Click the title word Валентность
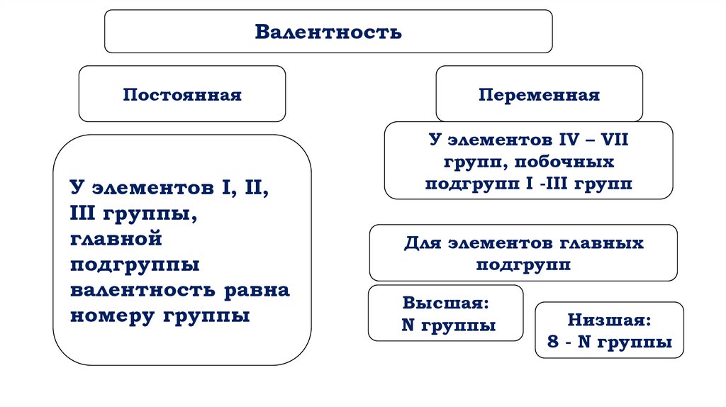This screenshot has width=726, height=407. point(328,32)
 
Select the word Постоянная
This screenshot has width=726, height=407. point(182,94)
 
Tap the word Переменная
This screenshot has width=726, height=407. point(539,94)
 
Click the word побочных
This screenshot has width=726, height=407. point(569,162)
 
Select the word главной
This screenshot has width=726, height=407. point(116,239)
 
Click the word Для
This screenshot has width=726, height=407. point(422,243)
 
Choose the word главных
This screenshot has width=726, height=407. point(603,243)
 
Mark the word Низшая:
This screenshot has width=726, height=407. point(609,320)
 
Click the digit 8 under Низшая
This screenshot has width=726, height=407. point(553,342)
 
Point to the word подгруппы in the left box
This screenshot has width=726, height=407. point(135,264)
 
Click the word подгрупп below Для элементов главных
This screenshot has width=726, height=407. point(523,264)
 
